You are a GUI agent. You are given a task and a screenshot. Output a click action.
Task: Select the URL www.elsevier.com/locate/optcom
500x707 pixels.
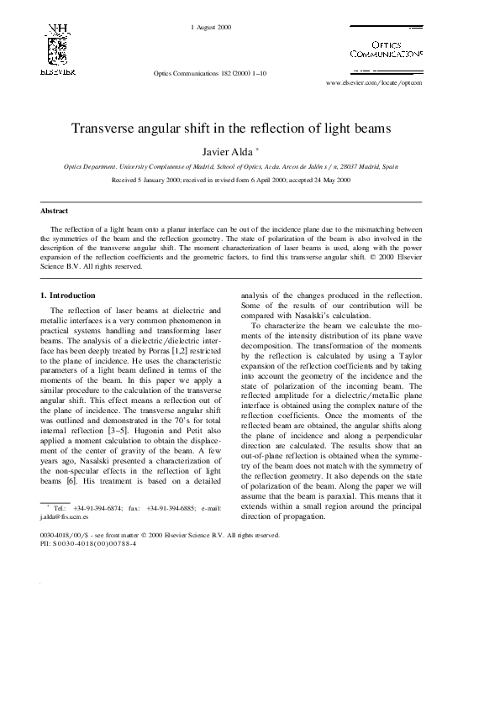point(373,84)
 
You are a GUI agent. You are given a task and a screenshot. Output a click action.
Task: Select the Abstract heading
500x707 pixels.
point(55,211)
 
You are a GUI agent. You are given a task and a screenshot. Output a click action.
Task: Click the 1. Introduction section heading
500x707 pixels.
point(68,296)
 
